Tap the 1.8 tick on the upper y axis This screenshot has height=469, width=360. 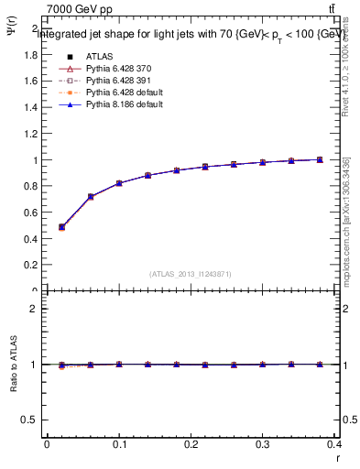point(31,54)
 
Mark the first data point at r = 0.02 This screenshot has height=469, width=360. point(61,227)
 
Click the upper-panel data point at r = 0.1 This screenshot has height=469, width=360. point(119,183)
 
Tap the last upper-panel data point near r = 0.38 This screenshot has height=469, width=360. point(320,159)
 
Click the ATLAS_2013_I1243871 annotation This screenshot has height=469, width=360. point(191,274)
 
